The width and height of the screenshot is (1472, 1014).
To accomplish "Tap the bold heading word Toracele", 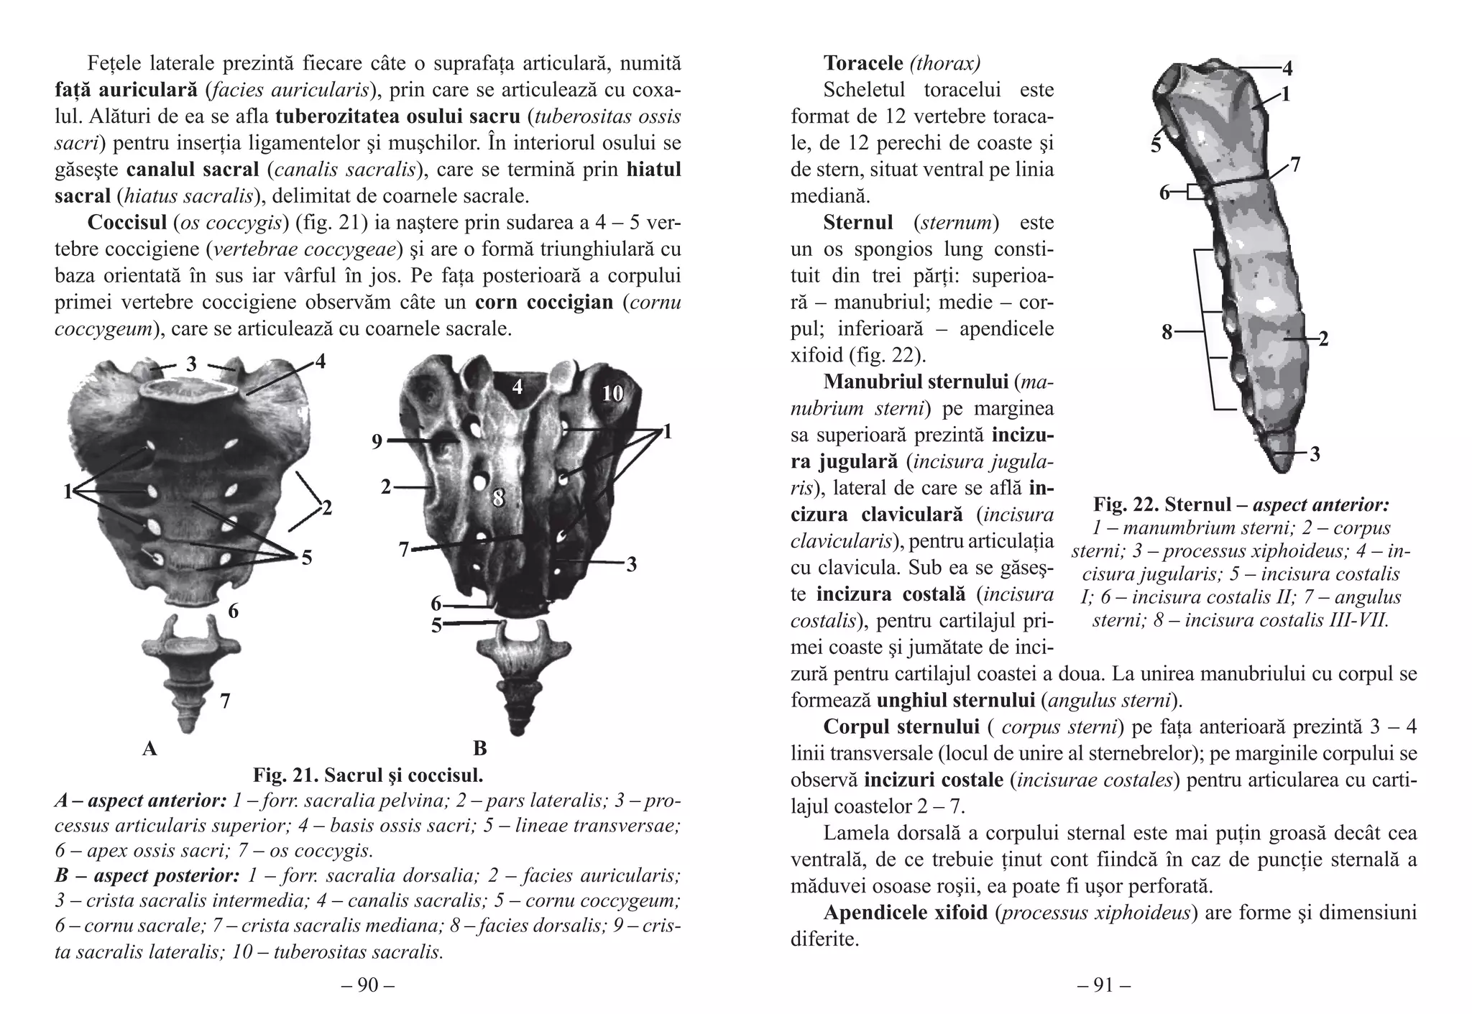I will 863,63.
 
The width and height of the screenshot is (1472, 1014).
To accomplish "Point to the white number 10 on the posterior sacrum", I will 612,393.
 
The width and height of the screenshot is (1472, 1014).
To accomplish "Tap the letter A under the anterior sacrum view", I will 149,748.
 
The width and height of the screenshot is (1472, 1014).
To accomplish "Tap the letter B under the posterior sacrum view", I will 480,748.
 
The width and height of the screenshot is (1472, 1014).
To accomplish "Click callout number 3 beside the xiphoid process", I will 1315,454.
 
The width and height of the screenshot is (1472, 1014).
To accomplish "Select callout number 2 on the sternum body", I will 1323,339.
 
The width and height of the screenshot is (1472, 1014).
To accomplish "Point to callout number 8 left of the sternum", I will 1167,332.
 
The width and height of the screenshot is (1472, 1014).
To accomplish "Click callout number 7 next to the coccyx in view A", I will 225,701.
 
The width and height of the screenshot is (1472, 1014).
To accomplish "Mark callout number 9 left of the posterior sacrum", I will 377,441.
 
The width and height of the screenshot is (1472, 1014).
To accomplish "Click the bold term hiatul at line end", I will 653,170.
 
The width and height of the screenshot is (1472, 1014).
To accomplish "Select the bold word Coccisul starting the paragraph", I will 127,223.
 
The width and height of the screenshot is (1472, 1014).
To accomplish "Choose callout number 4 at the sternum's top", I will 1287,69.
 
